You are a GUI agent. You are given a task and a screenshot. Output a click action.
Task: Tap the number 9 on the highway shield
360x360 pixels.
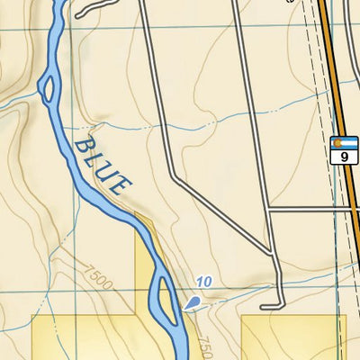pyautogui.click(x=343, y=157)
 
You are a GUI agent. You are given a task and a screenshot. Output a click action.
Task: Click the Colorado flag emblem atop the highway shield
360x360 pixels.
pyautogui.click(x=343, y=143)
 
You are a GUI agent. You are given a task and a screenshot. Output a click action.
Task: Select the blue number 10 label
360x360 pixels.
pyautogui.click(x=203, y=283)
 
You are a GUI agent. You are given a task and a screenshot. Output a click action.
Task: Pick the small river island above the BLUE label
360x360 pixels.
pyautogui.click(x=48, y=88)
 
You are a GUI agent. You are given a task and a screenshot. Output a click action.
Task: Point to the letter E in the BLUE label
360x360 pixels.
pyautogui.click(x=121, y=187)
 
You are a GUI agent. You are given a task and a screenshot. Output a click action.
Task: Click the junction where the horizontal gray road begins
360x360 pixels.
pyautogui.click(x=269, y=210)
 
